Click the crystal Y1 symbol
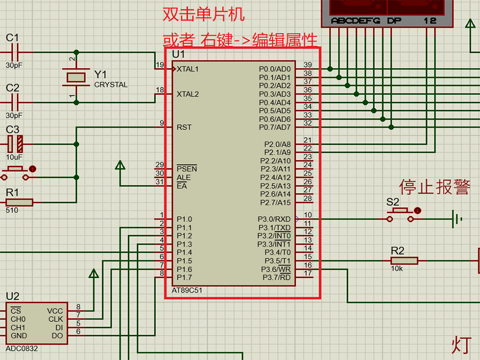coord(76,77)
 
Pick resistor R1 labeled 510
coord(19,203)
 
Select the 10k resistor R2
coord(404,260)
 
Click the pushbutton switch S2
coord(403,215)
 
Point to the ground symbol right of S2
coord(457,219)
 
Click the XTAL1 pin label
coord(187,69)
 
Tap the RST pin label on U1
coord(184,127)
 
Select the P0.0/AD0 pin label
coord(275,69)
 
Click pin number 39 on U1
coord(307,64)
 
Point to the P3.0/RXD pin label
coord(274,219)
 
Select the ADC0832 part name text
coord(21,349)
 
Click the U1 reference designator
coord(178,54)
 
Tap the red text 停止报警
coord(434,187)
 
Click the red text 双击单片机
coord(203,14)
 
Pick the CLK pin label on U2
coord(55,319)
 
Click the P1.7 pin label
coord(184,277)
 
